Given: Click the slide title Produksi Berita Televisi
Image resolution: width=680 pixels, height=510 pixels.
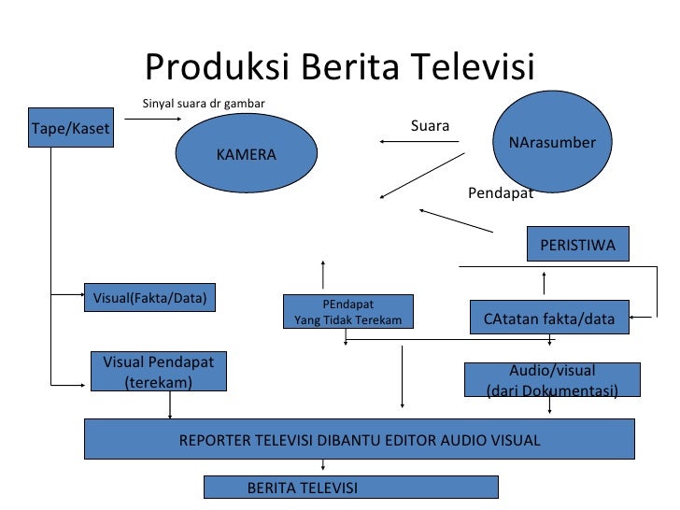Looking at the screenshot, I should tap(339, 67).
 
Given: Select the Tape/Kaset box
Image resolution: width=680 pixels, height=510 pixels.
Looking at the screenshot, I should tap(70, 129).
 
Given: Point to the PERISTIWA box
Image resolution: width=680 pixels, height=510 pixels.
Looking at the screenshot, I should tap(577, 245).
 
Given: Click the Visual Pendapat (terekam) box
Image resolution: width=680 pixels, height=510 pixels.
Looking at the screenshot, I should tap(159, 372).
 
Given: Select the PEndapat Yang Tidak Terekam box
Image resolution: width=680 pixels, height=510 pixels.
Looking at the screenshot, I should tap(347, 312).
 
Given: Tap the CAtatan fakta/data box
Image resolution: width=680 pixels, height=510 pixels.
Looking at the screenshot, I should tap(548, 319).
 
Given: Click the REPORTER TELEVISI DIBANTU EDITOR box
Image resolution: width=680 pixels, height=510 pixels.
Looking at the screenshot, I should tap(360, 440).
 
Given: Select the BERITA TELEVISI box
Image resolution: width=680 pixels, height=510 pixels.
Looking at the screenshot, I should tap(351, 488).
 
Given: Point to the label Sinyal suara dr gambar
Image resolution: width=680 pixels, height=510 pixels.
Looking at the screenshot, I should tap(204, 103).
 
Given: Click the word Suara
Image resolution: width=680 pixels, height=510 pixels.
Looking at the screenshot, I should tap(430, 125).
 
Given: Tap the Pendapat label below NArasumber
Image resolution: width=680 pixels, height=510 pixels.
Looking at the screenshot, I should tap(500, 193).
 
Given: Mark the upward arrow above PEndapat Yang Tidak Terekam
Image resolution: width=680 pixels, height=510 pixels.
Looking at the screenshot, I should tap(323, 275).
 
